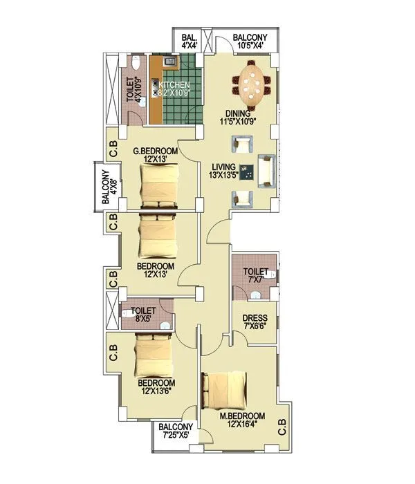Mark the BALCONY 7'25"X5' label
coord(174,432)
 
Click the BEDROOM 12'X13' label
coord(155,270)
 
